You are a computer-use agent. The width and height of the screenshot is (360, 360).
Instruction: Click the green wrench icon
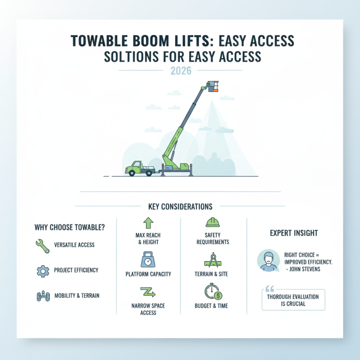pos(41,245)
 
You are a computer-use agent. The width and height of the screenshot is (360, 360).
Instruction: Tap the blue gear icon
pos(41,271)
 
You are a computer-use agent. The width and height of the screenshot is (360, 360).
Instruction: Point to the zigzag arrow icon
pos(148,292)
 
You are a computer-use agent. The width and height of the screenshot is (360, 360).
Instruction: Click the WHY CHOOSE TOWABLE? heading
pos(70,227)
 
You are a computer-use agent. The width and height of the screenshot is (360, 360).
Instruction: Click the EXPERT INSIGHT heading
pos(294,233)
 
